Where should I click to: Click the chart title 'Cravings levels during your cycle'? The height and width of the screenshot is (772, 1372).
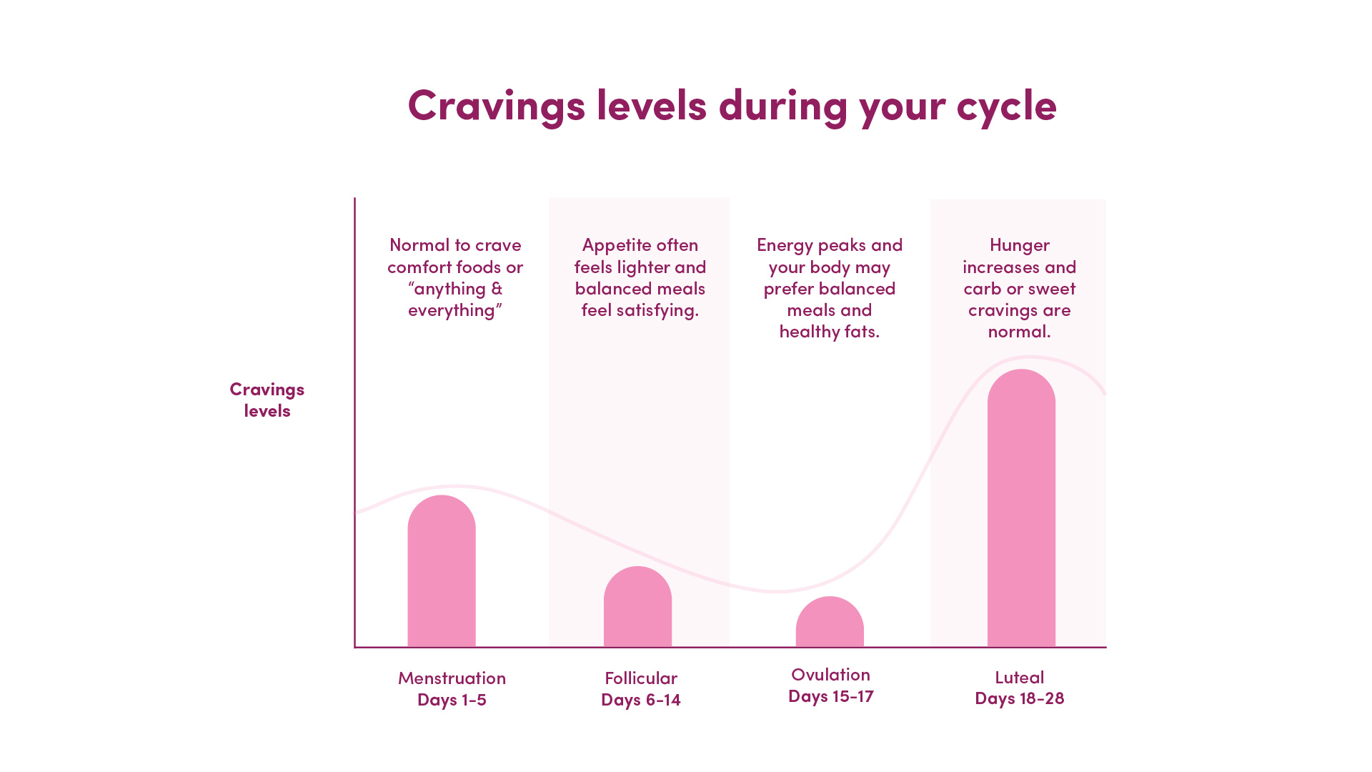732,106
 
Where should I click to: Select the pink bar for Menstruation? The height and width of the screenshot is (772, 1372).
442,571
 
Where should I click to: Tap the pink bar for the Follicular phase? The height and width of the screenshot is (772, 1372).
637,607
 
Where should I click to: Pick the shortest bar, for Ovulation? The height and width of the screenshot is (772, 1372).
830,622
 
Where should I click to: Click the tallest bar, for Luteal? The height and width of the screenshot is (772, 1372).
1021,508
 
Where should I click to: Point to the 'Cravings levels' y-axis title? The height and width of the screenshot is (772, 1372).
267,400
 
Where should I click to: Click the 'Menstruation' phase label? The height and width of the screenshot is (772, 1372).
452,678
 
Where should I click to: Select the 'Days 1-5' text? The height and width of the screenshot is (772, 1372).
452,699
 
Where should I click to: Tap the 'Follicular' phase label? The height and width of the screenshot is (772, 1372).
641,678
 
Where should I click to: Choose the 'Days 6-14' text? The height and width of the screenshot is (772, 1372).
641,699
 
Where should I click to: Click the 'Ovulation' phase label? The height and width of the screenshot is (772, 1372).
830,674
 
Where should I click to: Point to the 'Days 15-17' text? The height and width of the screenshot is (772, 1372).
831,696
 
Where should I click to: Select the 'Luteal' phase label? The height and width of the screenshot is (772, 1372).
1020,677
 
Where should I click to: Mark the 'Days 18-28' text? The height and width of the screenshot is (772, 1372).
1020,698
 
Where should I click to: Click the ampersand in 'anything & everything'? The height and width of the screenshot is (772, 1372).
497,289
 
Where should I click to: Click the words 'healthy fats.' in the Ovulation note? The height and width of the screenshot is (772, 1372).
830,332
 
